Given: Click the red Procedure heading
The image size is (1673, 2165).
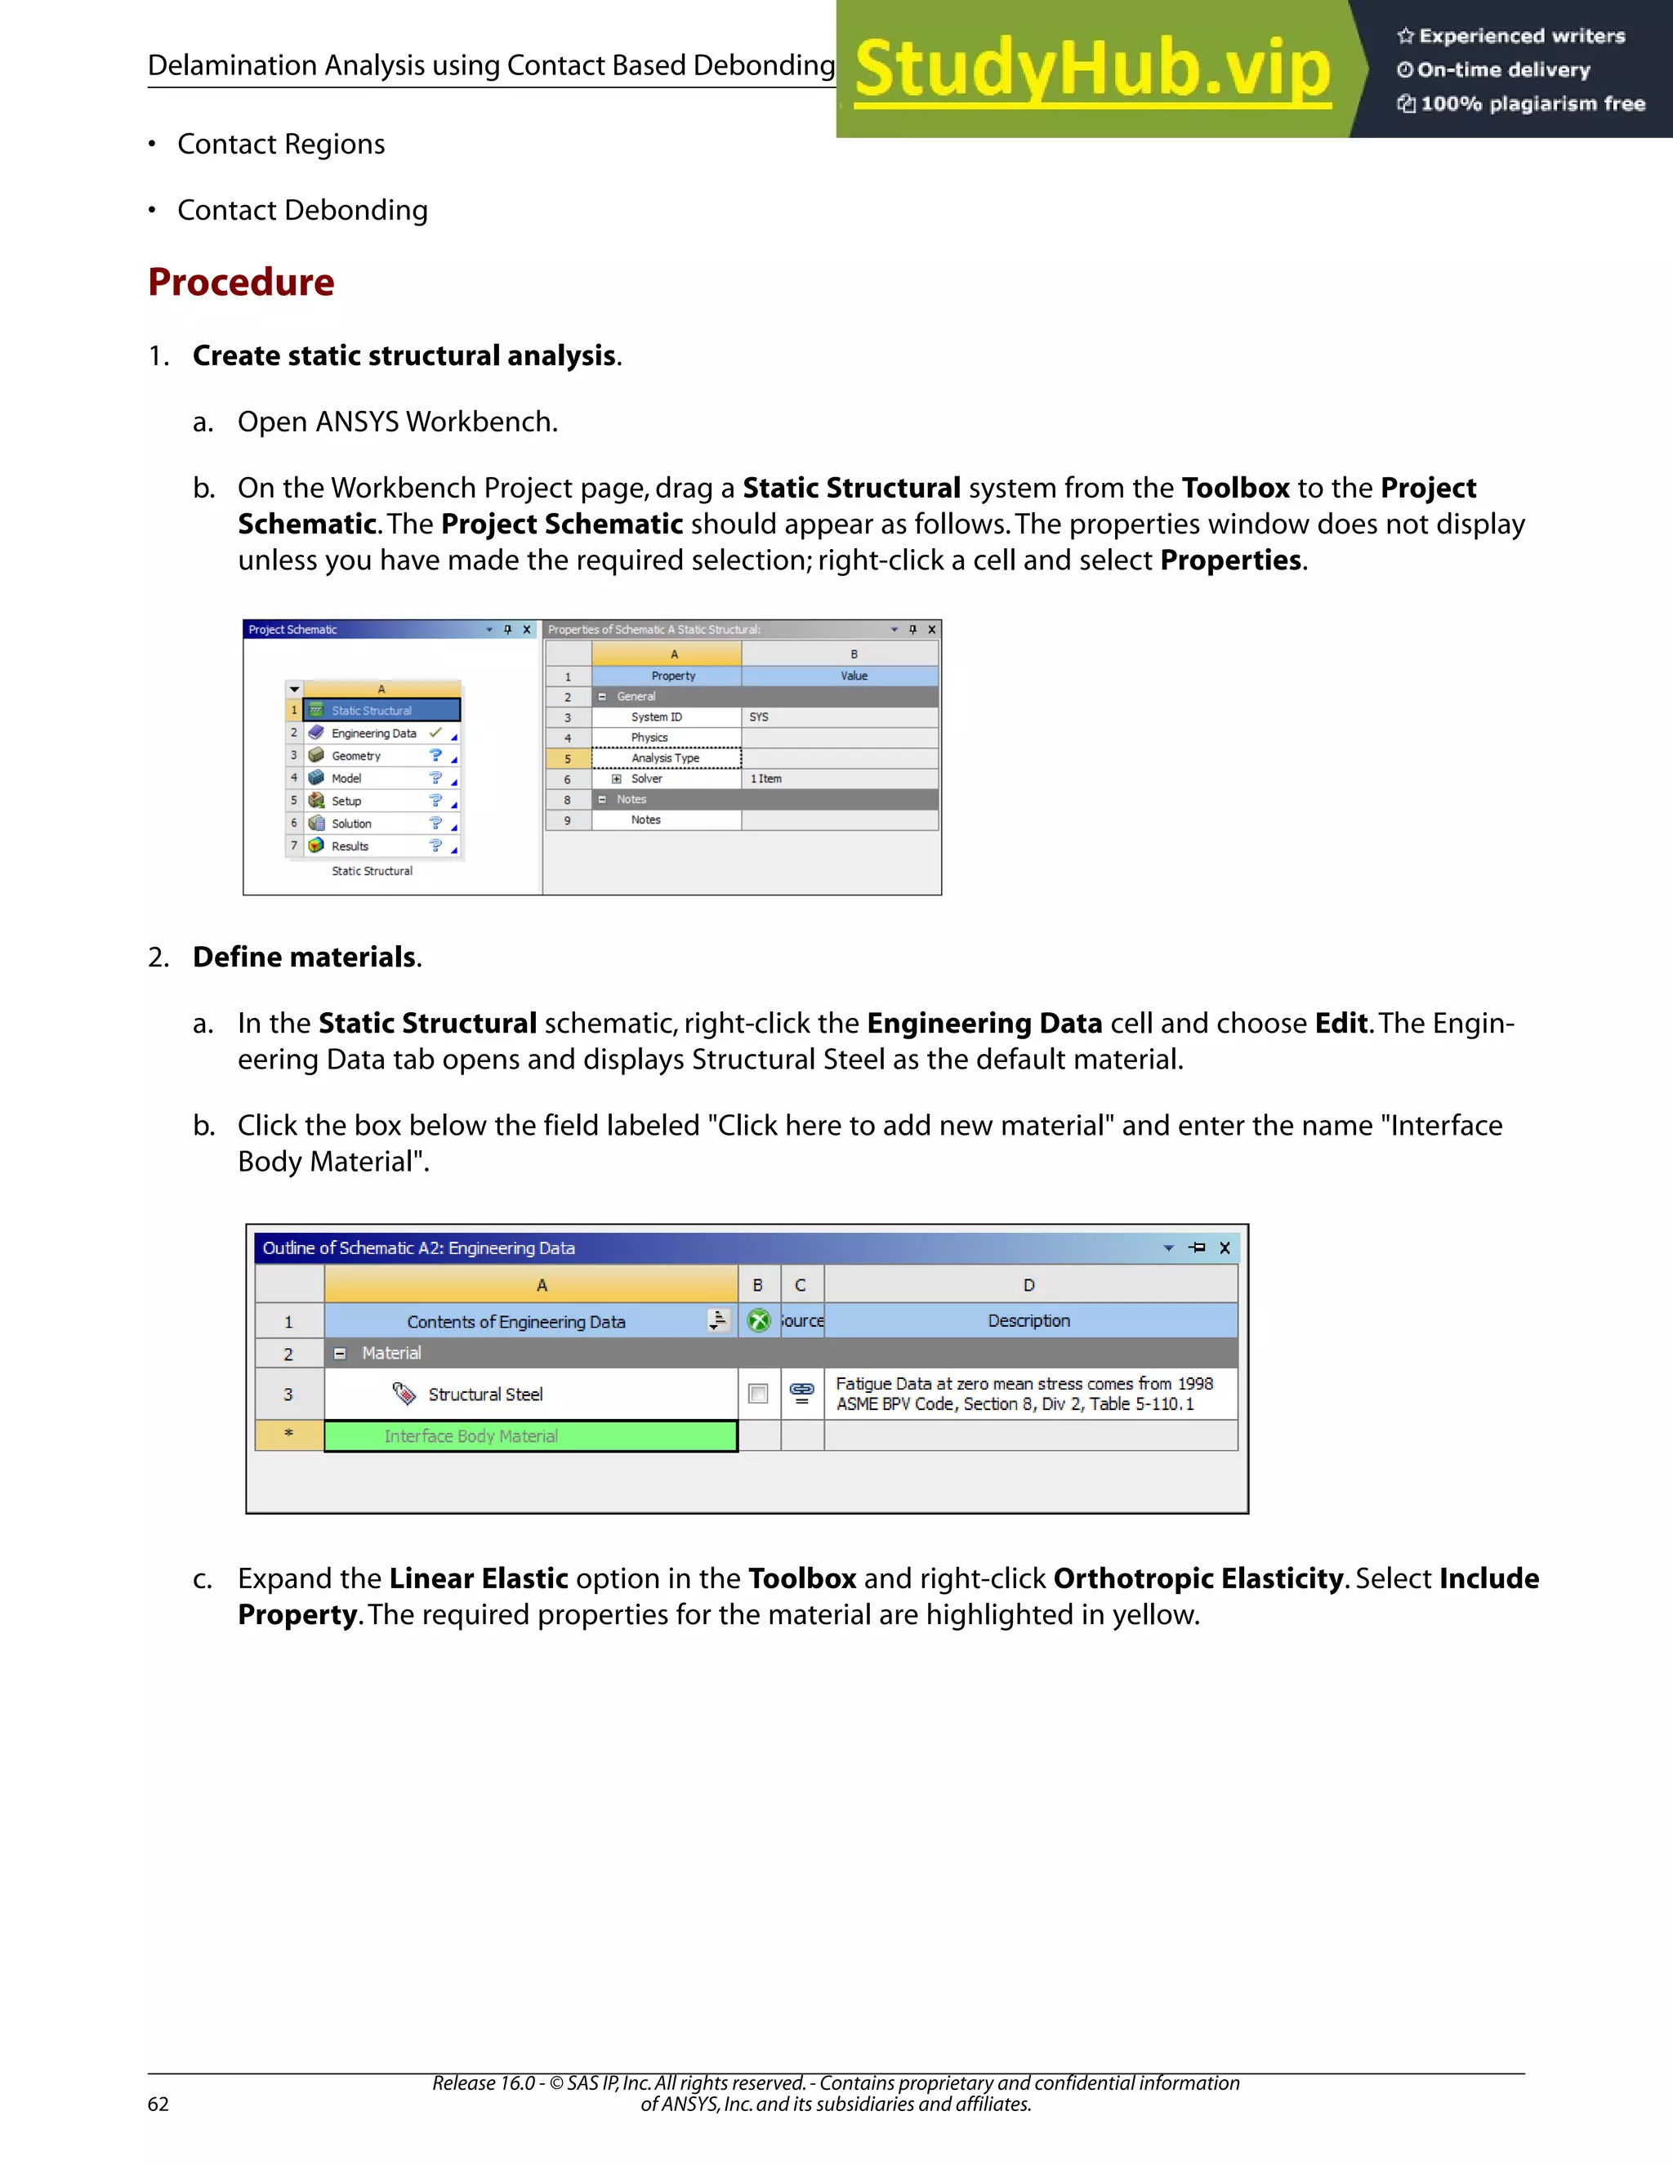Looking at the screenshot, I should [x=241, y=283].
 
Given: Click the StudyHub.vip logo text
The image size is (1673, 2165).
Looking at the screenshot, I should [x=1091, y=69].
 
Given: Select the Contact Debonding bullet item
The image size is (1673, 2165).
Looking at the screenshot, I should [x=302, y=210].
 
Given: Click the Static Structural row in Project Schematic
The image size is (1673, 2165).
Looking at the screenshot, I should [x=381, y=711].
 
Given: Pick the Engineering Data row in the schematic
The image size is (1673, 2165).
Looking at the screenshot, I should [x=373, y=734].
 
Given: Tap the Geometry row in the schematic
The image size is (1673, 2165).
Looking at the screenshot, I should [x=356, y=757].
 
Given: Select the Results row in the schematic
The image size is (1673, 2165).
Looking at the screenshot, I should [x=350, y=846].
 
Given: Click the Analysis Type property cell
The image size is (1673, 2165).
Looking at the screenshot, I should [x=666, y=758].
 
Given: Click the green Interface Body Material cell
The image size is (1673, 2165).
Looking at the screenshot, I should [x=530, y=1436].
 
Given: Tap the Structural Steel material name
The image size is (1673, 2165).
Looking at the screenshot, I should [x=484, y=1395].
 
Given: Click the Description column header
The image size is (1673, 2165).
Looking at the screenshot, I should [x=1028, y=1321].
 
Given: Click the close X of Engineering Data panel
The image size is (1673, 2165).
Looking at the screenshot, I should [x=1225, y=1248].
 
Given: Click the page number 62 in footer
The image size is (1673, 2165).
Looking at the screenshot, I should [x=158, y=2105].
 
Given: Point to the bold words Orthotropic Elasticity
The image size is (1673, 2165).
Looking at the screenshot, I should [x=1198, y=1579].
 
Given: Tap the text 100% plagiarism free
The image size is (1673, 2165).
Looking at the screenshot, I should [x=1532, y=104].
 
